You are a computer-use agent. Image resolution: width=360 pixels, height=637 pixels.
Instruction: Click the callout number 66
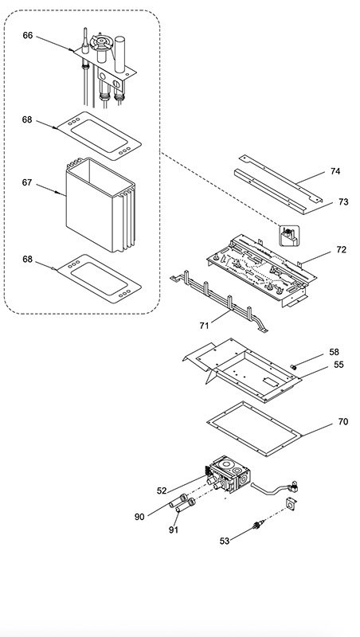coord(28,35)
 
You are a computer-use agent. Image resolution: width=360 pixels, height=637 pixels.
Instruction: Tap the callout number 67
coord(27,183)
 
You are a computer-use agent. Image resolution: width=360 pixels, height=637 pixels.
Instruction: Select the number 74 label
coord(335,171)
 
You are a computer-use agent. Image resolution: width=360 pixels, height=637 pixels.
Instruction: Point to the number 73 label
coord(343,202)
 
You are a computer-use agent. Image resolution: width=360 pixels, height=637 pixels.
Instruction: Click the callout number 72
coord(342,250)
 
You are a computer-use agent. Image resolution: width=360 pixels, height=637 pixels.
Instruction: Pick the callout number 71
coord(205,325)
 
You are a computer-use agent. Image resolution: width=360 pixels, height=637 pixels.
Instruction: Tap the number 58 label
coord(334,352)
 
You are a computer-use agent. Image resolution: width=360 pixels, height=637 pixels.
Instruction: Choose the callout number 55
coord(338,365)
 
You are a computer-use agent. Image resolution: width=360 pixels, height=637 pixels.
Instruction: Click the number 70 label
coord(343,422)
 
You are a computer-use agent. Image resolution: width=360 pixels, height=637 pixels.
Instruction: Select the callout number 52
coord(162,490)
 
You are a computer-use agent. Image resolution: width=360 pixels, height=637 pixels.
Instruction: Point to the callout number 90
coord(139,517)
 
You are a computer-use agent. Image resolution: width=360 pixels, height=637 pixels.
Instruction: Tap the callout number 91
coord(174,530)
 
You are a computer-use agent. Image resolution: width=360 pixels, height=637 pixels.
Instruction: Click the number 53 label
coord(225,541)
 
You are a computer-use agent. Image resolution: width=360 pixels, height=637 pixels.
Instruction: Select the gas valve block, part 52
coord(229,472)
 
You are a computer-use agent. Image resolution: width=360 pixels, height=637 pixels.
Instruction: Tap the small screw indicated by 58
coord(292,367)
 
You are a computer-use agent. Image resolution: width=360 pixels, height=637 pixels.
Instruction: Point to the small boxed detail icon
coord(289,236)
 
